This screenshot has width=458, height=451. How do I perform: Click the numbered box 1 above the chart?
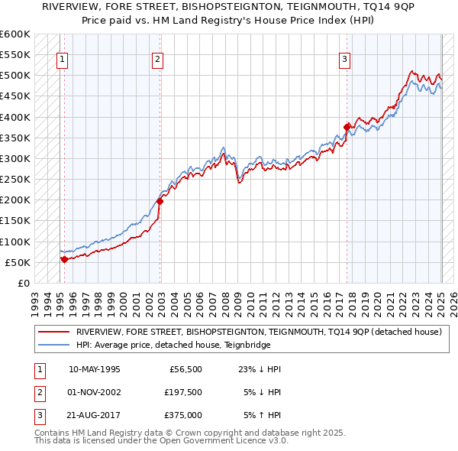[61, 60]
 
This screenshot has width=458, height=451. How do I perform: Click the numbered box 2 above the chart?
[156, 60]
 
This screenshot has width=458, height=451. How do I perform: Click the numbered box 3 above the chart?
[344, 60]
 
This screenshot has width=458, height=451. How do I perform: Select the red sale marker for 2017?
[347, 127]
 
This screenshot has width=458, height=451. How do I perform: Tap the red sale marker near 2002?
[160, 201]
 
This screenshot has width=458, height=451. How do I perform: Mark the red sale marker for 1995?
[64, 259]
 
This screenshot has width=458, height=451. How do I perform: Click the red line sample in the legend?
[53, 332]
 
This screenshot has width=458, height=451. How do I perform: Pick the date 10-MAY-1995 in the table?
[94, 369]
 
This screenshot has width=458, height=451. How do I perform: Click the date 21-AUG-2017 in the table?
[94, 417]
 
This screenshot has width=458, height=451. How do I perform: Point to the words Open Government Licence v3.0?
[226, 441]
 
